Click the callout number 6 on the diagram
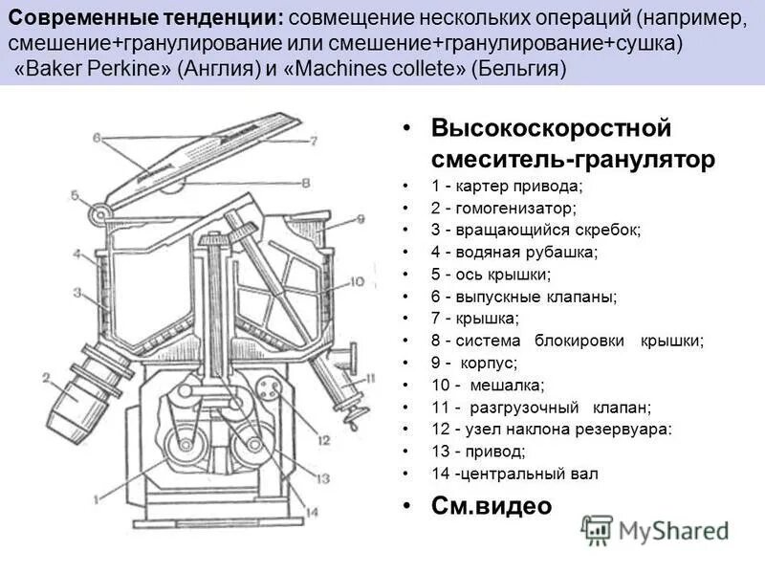[x=97, y=137]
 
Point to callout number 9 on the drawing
[x=361, y=219]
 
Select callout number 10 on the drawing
[x=357, y=281]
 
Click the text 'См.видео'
[x=491, y=505]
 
